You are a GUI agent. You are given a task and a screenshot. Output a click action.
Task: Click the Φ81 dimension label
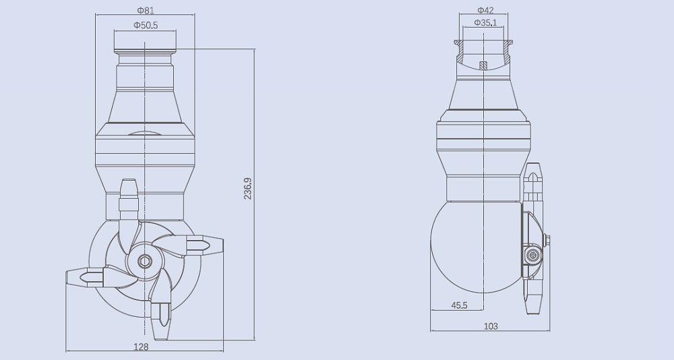tap(145, 10)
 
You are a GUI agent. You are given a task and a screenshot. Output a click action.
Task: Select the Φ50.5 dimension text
tap(146, 25)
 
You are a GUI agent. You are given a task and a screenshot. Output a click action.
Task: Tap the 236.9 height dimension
tap(247, 188)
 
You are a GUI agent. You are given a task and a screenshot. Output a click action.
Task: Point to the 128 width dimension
tap(141, 347)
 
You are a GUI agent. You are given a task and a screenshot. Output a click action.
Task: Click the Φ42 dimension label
tap(485, 10)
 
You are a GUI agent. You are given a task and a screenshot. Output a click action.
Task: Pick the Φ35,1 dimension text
tap(485, 22)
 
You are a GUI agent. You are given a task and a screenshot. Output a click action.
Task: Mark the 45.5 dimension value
tap(460, 305)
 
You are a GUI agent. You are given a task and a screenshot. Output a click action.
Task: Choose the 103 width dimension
tap(491, 326)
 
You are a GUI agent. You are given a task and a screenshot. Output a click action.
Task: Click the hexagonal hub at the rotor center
tap(144, 261)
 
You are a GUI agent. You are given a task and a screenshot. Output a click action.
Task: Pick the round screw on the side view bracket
tap(532, 256)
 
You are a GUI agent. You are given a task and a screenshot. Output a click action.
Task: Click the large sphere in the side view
tap(475, 248)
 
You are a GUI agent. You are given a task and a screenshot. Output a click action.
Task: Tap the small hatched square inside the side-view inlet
tap(482, 65)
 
